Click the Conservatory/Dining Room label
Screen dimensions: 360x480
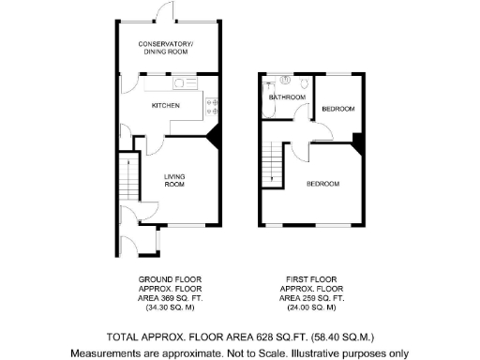(x=165, y=49)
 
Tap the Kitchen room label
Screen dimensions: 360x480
(x=165, y=106)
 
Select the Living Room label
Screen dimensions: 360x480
(x=174, y=180)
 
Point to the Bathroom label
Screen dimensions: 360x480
(x=288, y=97)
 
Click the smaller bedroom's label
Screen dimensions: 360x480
(x=337, y=110)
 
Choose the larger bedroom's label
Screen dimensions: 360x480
(x=322, y=184)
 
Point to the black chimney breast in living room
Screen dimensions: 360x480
(x=215, y=138)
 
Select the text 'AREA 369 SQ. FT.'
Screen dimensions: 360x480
(x=170, y=297)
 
